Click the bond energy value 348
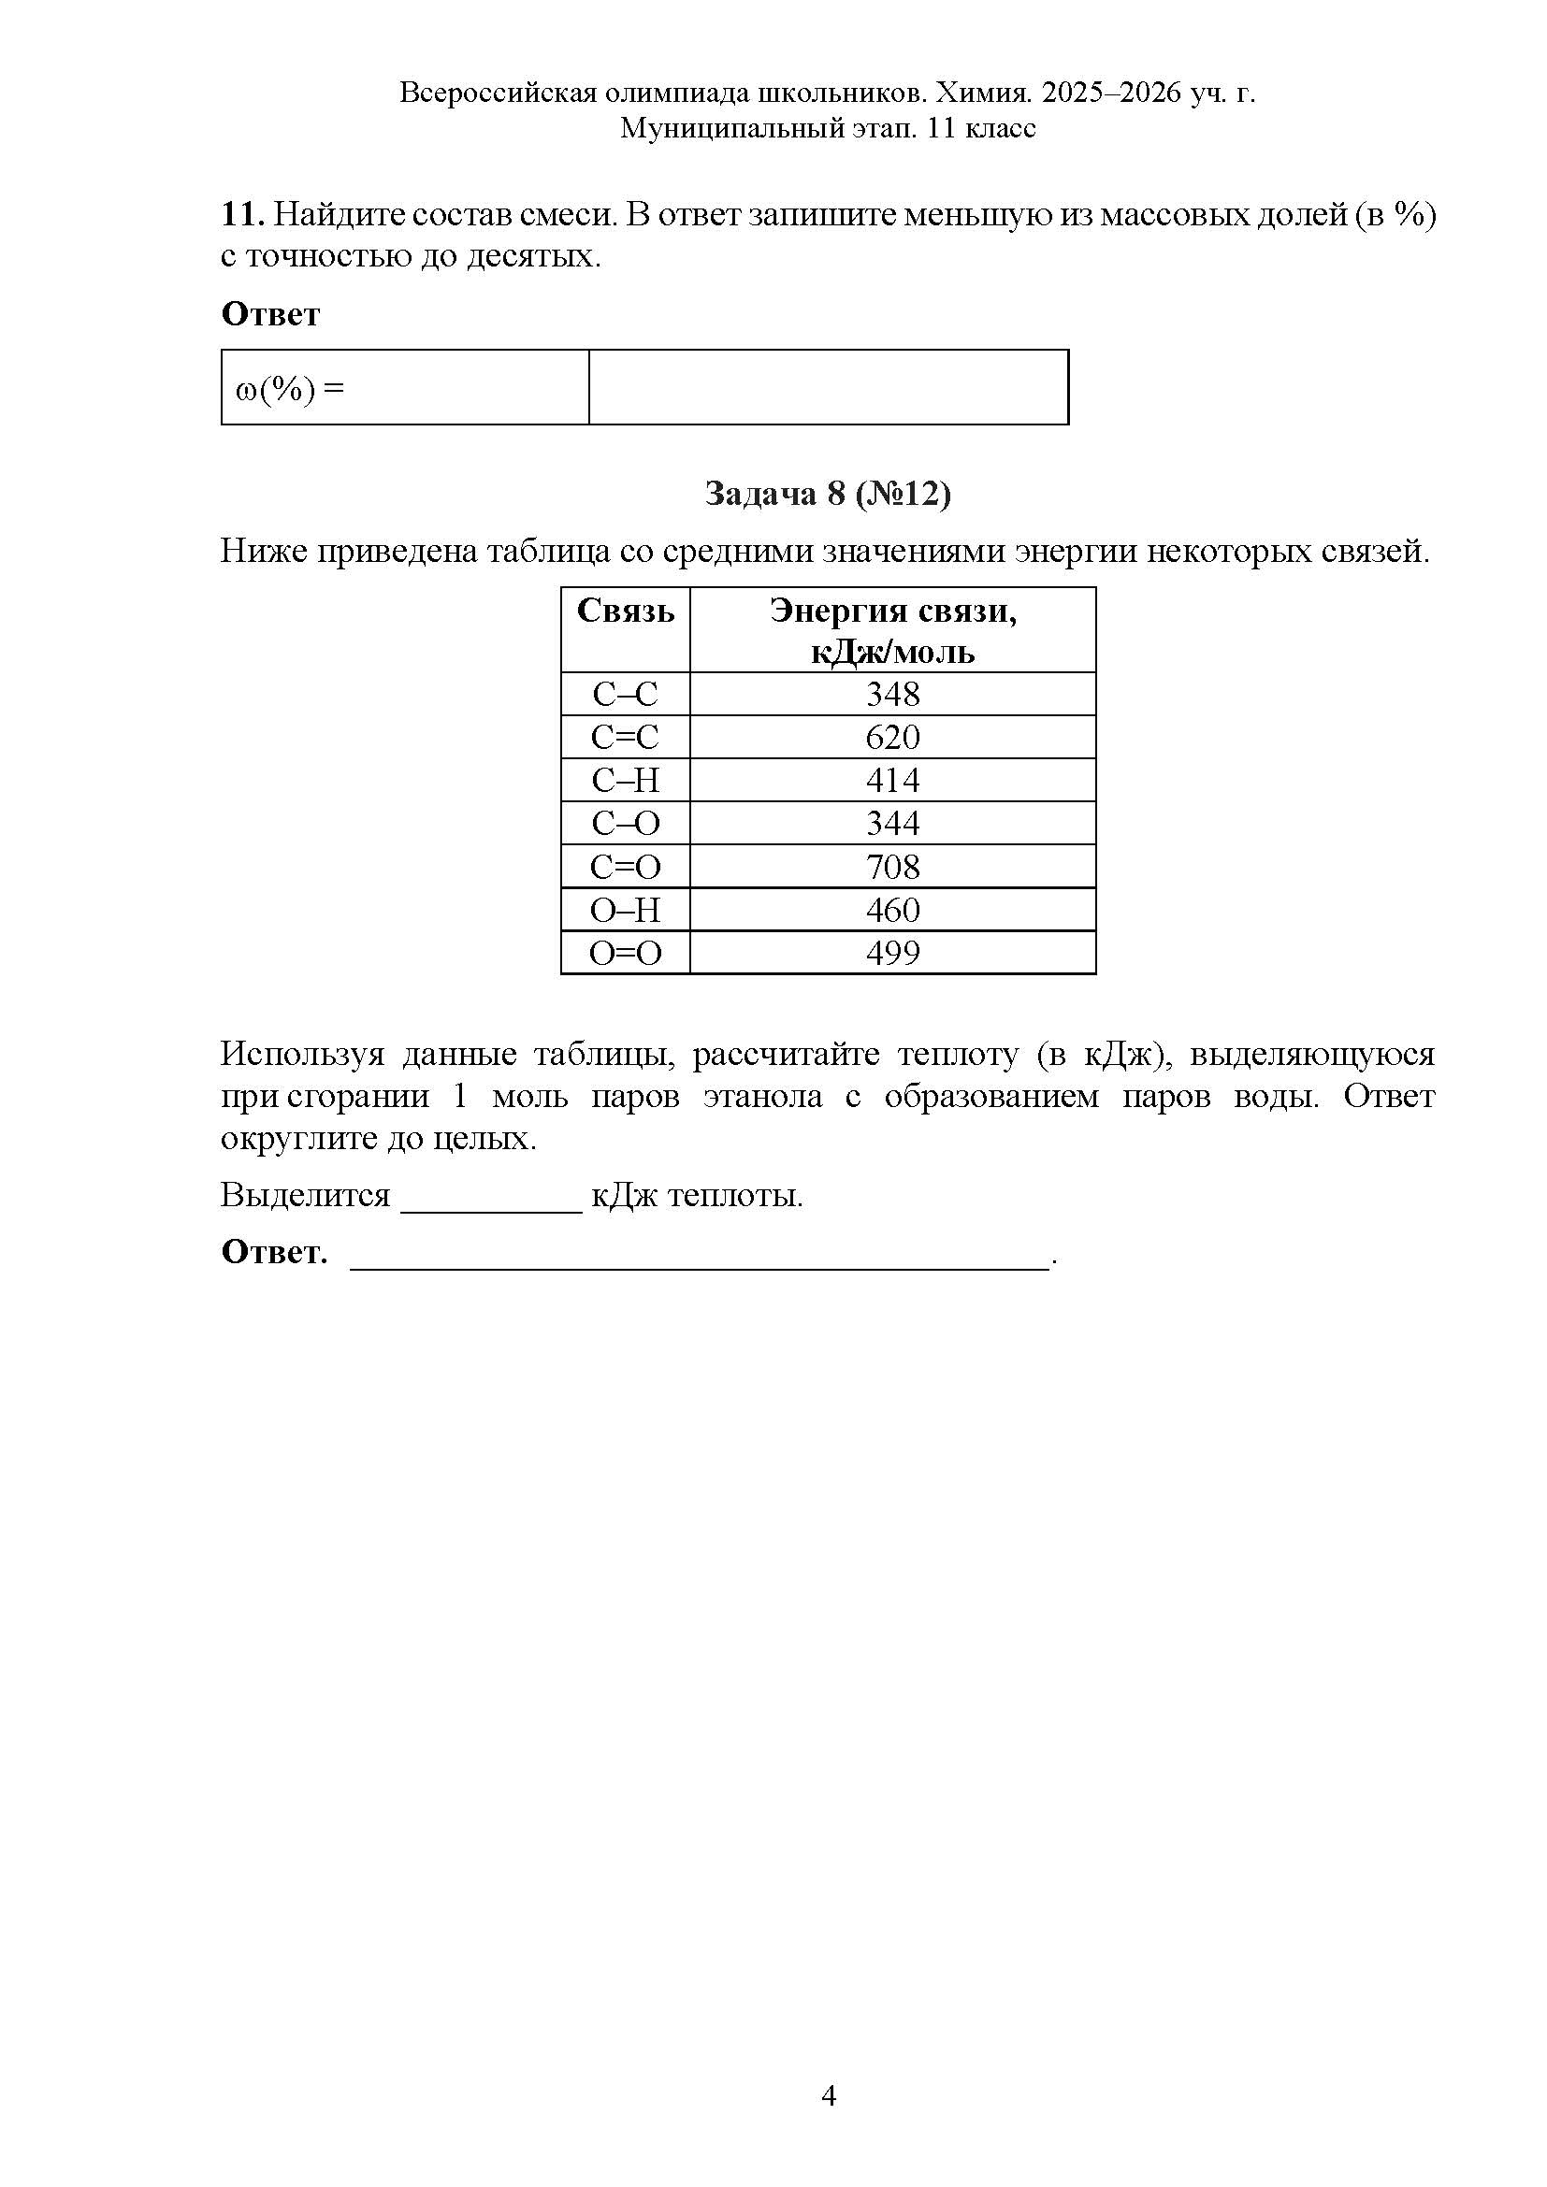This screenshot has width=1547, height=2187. tap(892, 694)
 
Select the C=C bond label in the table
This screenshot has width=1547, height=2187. tap(625, 737)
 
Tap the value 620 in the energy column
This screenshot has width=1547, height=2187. tap(892, 737)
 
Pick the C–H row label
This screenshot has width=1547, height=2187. tap(625, 780)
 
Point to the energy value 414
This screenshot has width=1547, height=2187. tap(892, 780)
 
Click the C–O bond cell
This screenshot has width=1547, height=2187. tap(625, 823)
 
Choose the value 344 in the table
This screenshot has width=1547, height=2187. tap(892, 823)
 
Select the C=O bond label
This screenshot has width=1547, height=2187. tap(625, 867)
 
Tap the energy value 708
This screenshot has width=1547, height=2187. tap(892, 867)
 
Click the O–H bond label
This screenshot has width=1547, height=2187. tap(625, 910)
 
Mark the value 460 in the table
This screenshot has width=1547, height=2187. tap(892, 910)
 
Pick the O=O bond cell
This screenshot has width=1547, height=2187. tap(625, 953)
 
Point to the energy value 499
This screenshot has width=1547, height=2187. tap(892, 953)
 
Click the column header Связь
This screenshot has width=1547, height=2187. tap(625, 611)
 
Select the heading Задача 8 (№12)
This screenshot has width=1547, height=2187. tap(827, 494)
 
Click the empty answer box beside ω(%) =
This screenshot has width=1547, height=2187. tap(828, 387)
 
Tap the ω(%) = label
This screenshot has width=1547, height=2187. tap(289, 389)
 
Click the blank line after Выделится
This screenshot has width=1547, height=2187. tap(491, 1199)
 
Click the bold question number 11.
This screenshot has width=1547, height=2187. tap(241, 215)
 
